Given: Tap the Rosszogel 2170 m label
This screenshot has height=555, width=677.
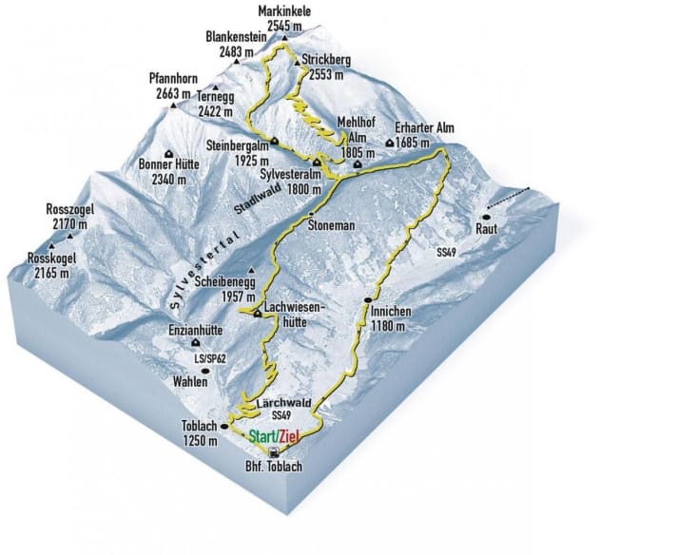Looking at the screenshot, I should pyautogui.click(x=71, y=217).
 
